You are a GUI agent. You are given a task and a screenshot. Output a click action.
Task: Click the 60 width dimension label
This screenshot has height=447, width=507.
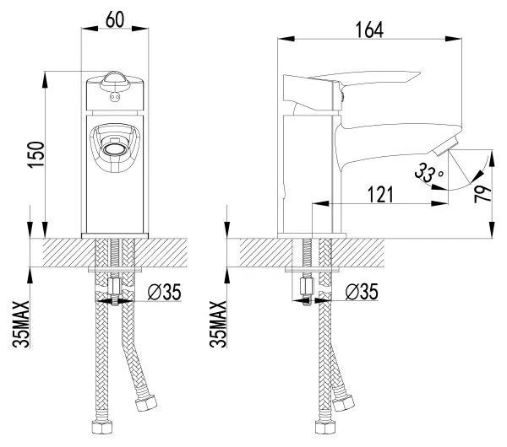click(115, 19)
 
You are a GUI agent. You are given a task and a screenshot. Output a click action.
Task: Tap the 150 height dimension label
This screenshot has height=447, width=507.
click(35, 154)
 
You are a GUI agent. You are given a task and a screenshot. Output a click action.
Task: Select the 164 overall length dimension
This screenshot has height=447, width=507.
click(369, 30)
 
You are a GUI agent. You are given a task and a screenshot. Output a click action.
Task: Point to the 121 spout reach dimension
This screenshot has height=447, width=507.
click(380, 195)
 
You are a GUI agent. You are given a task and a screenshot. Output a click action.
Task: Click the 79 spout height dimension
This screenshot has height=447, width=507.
click(482, 194)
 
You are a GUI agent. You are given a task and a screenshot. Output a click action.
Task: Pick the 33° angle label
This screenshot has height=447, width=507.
click(428, 173)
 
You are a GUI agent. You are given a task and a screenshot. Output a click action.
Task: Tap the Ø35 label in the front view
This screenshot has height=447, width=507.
click(165, 292)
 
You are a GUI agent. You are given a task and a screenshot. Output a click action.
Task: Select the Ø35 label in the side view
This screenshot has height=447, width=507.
click(362, 292)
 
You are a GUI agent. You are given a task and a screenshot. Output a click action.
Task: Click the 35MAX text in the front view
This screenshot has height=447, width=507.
click(21, 324)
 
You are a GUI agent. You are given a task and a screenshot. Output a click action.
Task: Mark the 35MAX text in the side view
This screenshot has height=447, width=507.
click(218, 324)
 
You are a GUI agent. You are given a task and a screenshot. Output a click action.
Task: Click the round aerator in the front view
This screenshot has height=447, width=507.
click(114, 149)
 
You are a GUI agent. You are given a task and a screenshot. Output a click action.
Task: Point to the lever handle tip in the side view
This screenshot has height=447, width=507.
click(420, 73)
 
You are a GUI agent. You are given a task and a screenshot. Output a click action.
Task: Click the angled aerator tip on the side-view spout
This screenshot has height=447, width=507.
click(445, 146)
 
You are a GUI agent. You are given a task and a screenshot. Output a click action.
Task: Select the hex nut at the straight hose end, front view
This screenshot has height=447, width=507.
click(102, 427)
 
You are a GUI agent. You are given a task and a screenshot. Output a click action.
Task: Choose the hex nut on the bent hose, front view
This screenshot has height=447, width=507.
click(146, 402)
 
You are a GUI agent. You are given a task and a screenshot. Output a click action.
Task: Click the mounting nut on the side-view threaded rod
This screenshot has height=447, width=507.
click(306, 286)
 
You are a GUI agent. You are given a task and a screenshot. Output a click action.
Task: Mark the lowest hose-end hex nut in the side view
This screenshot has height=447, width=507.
click(325, 427)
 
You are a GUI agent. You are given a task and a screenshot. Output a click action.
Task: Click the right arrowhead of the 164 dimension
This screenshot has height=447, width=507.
click(454, 39)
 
